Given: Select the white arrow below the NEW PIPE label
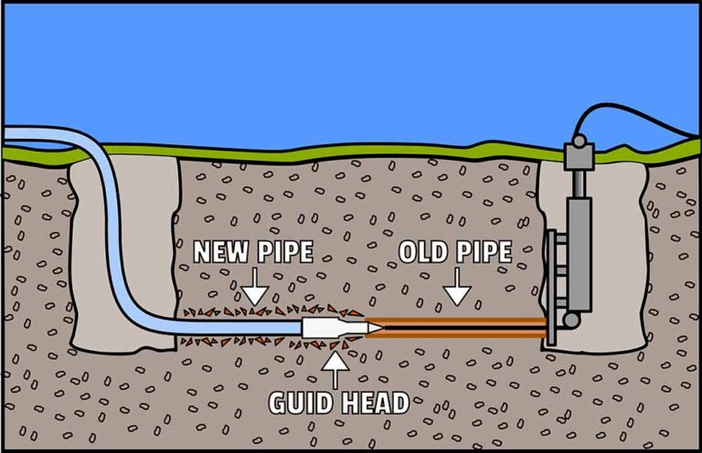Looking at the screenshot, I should click(255, 290).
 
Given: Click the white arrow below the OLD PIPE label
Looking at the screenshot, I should click(457, 290).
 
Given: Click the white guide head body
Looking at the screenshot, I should click(323, 327).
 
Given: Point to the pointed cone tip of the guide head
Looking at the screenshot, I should click(372, 327).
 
